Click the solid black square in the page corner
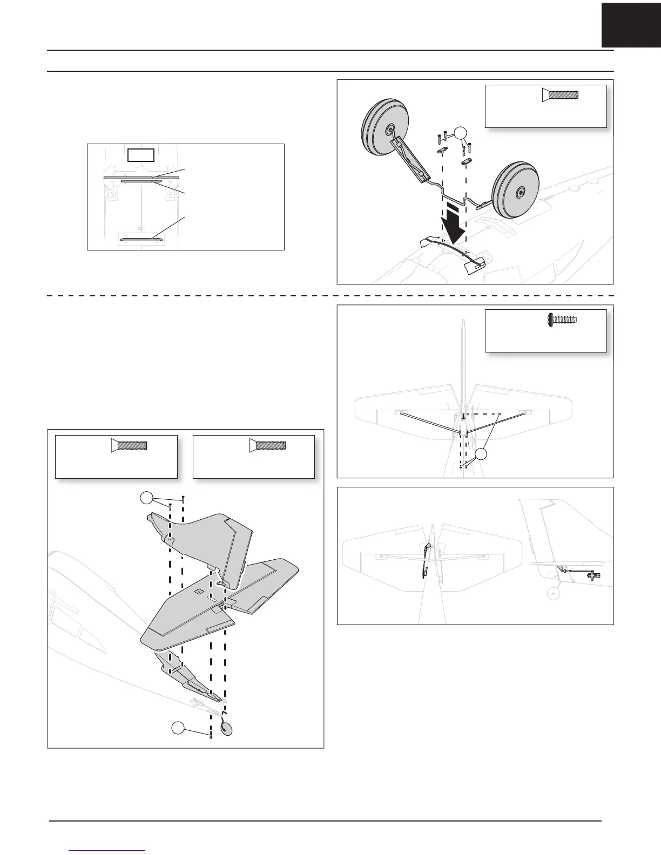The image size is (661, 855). point(631,24)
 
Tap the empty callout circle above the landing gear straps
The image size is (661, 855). point(460,132)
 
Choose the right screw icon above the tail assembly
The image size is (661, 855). point(267,445)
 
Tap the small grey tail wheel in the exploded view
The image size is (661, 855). point(227,729)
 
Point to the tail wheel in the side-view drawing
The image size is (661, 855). point(552,594)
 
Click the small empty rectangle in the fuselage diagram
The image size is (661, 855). point(141,155)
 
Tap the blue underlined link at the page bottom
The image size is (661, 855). point(107,850)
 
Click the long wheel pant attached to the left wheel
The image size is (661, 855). point(409,157)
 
